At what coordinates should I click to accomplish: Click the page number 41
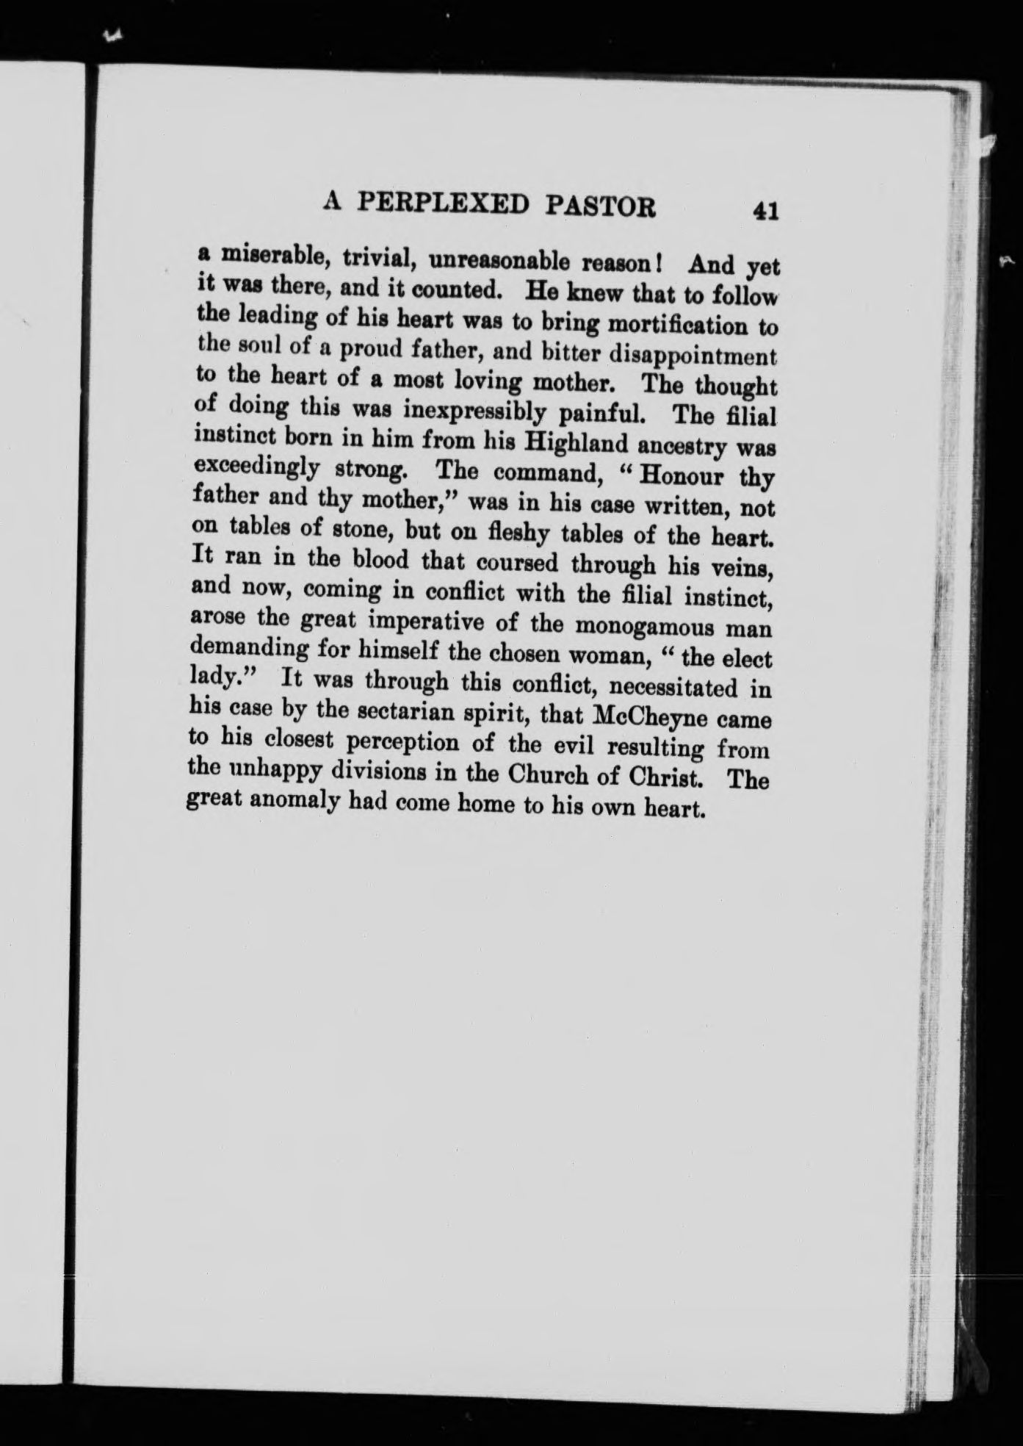coord(764,211)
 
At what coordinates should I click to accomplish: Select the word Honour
coord(682,476)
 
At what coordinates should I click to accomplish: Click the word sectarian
coord(382,713)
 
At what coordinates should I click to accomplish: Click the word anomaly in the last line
coord(294,802)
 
